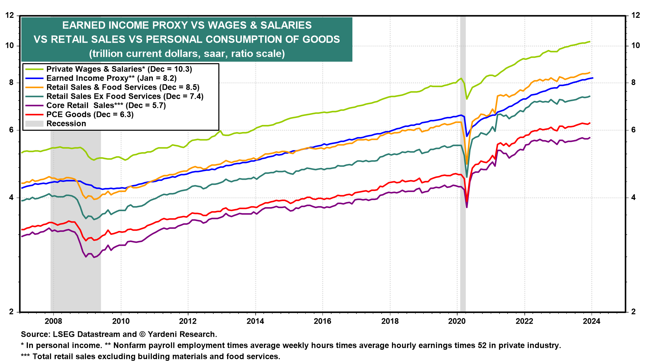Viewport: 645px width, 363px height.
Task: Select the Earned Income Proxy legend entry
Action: point(111,78)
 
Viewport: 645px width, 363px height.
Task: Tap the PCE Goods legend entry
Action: point(90,115)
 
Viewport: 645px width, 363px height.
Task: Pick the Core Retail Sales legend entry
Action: point(106,106)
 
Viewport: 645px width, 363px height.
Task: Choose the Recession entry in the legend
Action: point(66,124)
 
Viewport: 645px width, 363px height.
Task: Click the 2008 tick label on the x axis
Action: point(53,321)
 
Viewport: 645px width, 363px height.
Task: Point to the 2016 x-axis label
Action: point(322,321)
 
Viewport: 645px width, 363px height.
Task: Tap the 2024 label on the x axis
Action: point(592,321)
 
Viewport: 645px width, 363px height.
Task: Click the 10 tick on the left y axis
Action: point(10,46)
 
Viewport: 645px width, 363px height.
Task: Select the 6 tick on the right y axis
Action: point(634,130)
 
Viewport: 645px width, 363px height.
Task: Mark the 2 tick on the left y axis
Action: point(12,312)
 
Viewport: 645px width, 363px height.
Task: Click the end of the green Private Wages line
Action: point(590,42)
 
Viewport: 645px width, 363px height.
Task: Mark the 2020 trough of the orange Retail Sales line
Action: point(467,164)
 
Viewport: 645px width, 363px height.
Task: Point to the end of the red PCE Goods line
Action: point(590,123)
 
